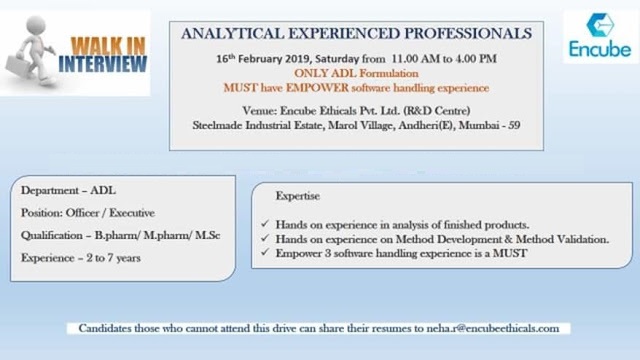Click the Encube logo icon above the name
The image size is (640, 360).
pyautogui.click(x=600, y=25)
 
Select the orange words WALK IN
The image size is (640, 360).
pyautogui.click(x=108, y=46)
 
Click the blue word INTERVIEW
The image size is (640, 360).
pyautogui.click(x=102, y=64)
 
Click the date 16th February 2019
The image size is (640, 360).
pyautogui.click(x=263, y=59)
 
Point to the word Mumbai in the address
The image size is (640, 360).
pyautogui.click(x=478, y=125)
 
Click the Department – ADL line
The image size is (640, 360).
pyautogui.click(x=68, y=191)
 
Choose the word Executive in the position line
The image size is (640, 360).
pyautogui.click(x=132, y=213)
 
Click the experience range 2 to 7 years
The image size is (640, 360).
pyautogui.click(x=113, y=258)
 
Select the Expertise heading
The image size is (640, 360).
pyautogui.click(x=298, y=196)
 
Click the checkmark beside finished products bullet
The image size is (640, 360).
pyautogui.click(x=265, y=224)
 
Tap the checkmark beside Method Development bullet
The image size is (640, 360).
pyautogui.click(x=265, y=238)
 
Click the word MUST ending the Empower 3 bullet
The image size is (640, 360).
pyautogui.click(x=510, y=253)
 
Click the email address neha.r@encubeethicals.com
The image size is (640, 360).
pyautogui.click(x=493, y=329)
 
